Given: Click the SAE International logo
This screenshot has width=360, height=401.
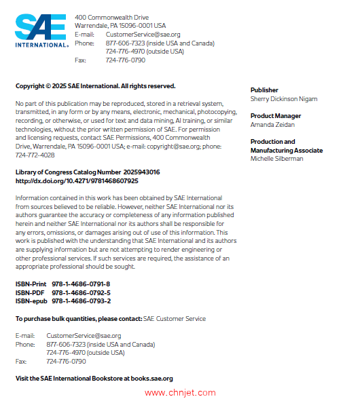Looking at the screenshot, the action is tap(41, 31).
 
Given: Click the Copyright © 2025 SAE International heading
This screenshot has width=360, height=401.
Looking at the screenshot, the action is tap(95, 86).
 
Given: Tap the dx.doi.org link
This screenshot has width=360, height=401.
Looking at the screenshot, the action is tap(77, 181).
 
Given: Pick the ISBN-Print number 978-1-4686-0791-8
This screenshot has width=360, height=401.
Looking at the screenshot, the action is tap(81, 284).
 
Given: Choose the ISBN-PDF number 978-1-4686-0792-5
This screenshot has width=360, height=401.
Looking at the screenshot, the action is tap(81, 292).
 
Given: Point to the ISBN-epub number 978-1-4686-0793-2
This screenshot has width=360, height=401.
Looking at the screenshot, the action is tap(82, 301).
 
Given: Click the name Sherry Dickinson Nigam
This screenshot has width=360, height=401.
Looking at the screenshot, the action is tap(283, 99).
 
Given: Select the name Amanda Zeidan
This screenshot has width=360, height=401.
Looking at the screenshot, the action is tap(272, 125).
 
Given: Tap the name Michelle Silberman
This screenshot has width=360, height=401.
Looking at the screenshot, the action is tap(277, 159).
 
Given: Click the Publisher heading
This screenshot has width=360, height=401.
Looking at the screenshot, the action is tap(264, 90).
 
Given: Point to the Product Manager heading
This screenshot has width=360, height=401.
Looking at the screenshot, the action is tap(276, 116).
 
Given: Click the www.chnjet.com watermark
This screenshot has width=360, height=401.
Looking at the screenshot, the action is tap(180, 392).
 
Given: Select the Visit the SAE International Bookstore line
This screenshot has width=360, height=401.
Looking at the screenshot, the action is tap(94, 379).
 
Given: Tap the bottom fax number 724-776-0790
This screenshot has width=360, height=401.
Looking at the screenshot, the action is tap(66, 362).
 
